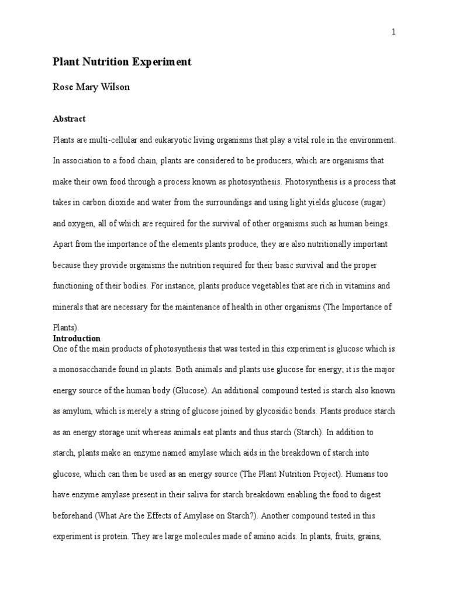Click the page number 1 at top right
click(394, 32)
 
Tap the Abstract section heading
click(69, 119)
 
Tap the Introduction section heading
click(77, 339)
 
